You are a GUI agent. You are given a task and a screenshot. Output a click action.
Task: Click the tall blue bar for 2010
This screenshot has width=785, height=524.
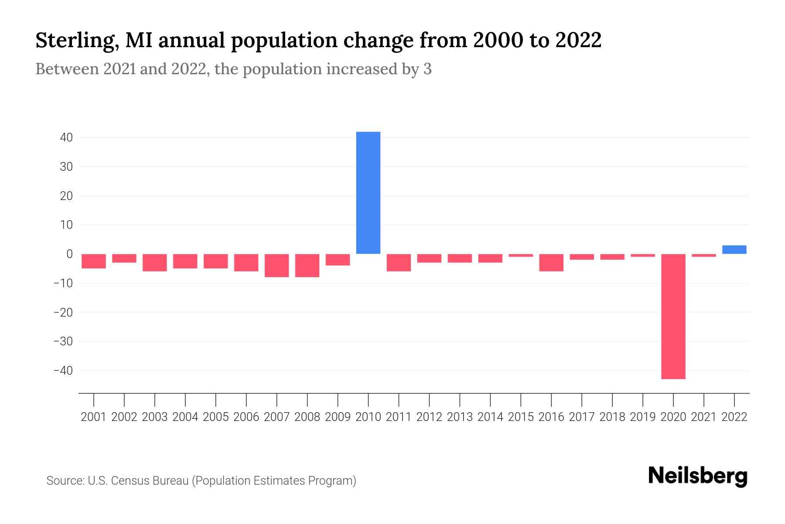368,193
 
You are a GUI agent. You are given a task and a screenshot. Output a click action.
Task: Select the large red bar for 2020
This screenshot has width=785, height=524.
673,316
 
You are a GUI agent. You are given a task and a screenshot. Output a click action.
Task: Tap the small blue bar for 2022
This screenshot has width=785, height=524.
734,249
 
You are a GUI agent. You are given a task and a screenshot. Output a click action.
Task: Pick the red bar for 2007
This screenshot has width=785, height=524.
276,265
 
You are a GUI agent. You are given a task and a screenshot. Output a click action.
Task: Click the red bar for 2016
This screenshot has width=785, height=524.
551,262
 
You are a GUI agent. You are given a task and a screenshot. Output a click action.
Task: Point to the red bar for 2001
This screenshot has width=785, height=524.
94,261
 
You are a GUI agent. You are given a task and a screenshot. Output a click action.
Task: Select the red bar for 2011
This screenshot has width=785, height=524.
399,262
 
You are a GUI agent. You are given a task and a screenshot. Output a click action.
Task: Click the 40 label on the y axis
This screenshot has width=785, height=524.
66,138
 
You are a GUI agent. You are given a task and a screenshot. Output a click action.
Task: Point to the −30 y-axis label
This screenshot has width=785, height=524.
63,341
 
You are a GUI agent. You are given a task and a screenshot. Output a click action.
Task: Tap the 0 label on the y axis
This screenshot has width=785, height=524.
69,254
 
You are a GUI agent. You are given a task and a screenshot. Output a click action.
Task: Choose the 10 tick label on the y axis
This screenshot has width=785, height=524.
66,225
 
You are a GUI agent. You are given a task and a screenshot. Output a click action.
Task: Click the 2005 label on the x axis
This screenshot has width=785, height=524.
216,417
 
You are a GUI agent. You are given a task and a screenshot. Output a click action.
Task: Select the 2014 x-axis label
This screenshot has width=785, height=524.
490,417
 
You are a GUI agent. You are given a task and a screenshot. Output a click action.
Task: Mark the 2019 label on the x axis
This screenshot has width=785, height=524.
642,417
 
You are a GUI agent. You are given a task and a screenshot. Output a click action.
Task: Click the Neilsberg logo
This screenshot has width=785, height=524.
698,476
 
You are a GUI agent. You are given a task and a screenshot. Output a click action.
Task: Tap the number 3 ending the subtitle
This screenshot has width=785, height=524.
427,69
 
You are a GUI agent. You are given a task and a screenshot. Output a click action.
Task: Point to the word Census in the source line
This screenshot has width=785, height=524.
126,481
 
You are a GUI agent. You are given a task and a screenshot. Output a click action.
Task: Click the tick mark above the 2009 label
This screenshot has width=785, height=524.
338,399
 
